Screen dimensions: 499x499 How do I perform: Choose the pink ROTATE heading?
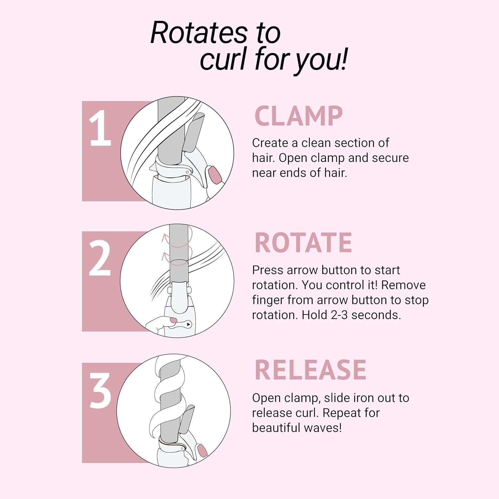point(303,243)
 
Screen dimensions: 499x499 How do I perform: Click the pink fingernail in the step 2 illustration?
point(173,320)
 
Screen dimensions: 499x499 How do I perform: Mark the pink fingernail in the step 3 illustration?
point(202,450)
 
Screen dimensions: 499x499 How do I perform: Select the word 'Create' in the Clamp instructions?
point(270,143)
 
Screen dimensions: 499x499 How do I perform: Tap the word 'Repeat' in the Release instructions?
point(341,413)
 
